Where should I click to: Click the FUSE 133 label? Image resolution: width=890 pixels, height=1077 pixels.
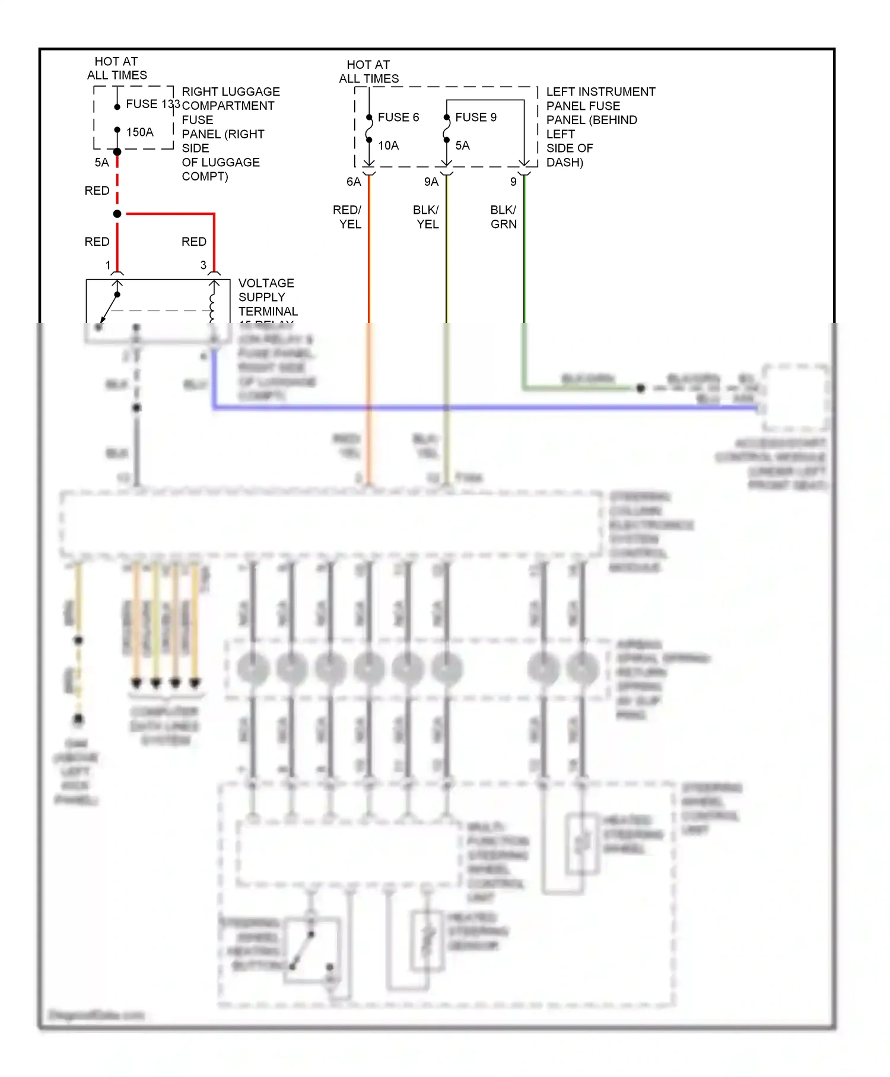click(x=152, y=104)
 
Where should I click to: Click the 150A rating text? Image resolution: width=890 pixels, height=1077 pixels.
click(x=140, y=132)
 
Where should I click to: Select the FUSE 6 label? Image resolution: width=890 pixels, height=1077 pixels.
click(x=398, y=117)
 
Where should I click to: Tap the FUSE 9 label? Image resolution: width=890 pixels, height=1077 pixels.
click(x=476, y=117)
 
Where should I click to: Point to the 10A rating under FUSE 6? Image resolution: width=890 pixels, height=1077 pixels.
click(x=389, y=145)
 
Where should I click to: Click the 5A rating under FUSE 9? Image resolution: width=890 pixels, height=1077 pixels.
click(x=463, y=145)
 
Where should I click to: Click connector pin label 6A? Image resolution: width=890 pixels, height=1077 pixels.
click(x=354, y=182)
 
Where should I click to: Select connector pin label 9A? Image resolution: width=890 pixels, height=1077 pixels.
click(x=431, y=182)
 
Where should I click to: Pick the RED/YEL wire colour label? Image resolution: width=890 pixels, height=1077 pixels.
click(x=348, y=217)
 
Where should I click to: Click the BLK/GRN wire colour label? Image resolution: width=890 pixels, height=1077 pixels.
click(x=503, y=217)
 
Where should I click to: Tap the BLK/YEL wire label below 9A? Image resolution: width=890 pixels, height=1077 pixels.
click(x=427, y=217)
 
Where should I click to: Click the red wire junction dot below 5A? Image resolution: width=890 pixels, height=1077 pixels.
click(x=117, y=214)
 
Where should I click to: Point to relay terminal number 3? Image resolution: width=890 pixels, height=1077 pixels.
click(x=204, y=265)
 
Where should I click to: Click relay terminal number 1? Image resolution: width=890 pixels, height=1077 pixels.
click(x=108, y=265)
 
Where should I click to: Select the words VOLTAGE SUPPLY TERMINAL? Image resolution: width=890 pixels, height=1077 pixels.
click(x=267, y=297)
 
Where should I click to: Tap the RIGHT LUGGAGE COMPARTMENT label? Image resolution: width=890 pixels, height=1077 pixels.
click(x=230, y=99)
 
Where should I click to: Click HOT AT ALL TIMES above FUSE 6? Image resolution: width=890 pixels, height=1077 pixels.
click(x=368, y=71)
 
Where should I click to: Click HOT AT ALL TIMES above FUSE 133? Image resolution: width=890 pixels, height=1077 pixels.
click(x=117, y=68)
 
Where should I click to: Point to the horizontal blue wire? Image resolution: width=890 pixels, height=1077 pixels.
click(x=475, y=407)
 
